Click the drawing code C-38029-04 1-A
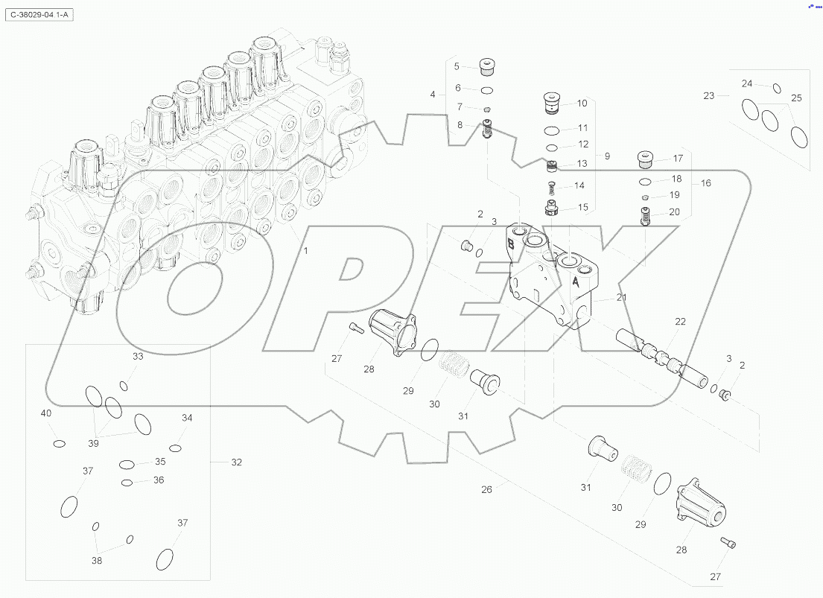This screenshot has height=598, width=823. click(40, 15)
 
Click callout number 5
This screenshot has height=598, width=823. click(457, 66)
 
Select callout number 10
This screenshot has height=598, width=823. click(582, 104)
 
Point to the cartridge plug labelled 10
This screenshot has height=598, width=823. click(552, 103)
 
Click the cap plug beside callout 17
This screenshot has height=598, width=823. click(645, 159)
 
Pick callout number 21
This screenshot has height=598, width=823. click(621, 298)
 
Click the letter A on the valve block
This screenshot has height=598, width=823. click(576, 282)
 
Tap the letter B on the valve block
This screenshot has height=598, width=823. click(511, 244)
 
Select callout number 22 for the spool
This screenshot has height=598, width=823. click(680, 322)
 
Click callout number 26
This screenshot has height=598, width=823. click(486, 489)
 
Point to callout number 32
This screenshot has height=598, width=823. click(236, 462)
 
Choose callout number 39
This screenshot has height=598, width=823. click(93, 443)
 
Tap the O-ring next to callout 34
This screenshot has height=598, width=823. click(176, 448)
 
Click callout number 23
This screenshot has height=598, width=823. click(708, 95)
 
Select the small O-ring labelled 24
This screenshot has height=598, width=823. click(777, 89)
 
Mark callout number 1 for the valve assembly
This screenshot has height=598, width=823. click(305, 251)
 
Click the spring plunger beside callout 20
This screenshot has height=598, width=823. click(645, 217)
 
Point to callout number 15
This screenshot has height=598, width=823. click(582, 207)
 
